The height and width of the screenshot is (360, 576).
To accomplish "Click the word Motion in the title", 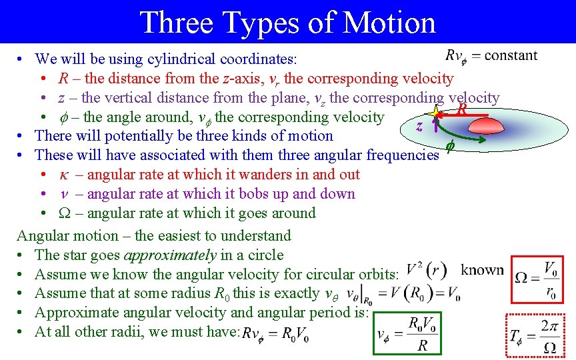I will pyautogui.click(x=386, y=22).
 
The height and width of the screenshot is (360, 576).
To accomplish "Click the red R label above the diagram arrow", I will pyautogui.click(x=460, y=107).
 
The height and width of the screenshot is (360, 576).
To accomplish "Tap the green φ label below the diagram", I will pyautogui.click(x=449, y=145).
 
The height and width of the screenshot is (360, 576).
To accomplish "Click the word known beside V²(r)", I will pyautogui.click(x=482, y=270).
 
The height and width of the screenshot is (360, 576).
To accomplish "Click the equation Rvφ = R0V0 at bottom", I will pyautogui.click(x=275, y=333).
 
